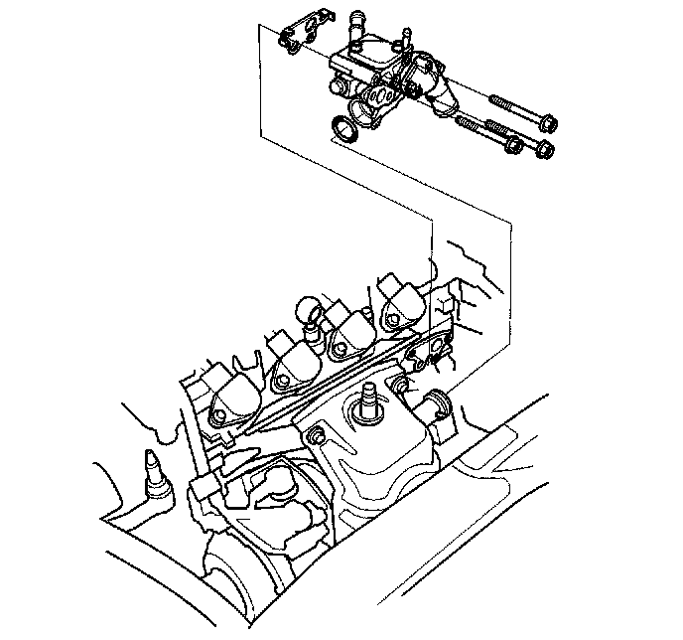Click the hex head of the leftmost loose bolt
[512, 145]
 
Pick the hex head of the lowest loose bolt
[544, 152]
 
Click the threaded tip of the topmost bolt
[493, 101]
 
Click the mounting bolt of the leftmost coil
[219, 412]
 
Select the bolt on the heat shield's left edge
[316, 434]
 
